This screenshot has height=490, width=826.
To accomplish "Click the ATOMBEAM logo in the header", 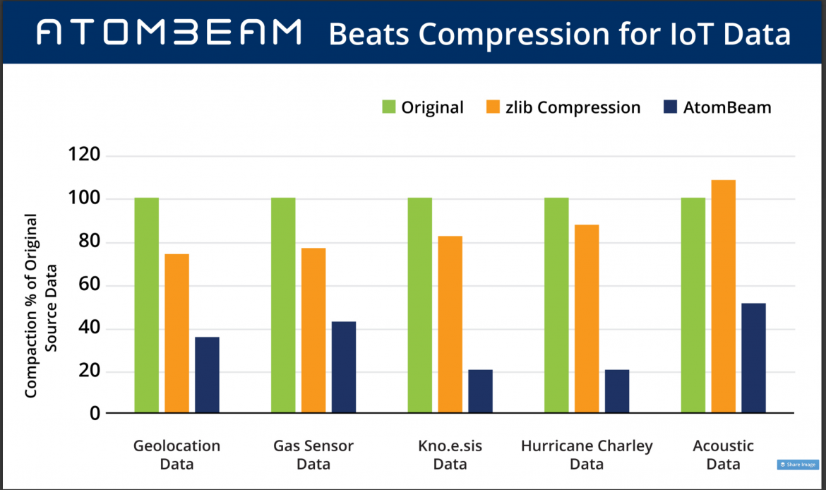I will click(x=169, y=32).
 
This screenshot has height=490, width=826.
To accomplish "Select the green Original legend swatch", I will click(x=390, y=107).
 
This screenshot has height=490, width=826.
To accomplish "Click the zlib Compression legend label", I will click(x=573, y=107).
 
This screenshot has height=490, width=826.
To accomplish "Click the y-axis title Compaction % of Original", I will click(x=31, y=305).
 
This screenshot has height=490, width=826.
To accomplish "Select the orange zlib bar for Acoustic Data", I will click(x=723, y=297).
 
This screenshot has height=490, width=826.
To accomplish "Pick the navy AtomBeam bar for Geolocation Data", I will click(x=207, y=375).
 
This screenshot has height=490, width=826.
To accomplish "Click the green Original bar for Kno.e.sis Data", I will click(x=419, y=305).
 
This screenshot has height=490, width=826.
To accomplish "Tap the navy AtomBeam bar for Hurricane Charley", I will click(x=616, y=391).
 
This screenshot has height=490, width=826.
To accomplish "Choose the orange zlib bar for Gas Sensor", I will click(x=313, y=330).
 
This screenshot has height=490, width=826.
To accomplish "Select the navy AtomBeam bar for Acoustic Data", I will click(x=753, y=358).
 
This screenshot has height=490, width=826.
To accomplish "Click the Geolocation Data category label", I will click(x=176, y=455).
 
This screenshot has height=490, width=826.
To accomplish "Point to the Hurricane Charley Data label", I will click(x=587, y=455).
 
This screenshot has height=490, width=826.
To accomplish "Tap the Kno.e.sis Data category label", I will click(x=450, y=455).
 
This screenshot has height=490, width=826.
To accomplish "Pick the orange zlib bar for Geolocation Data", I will click(x=176, y=333).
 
